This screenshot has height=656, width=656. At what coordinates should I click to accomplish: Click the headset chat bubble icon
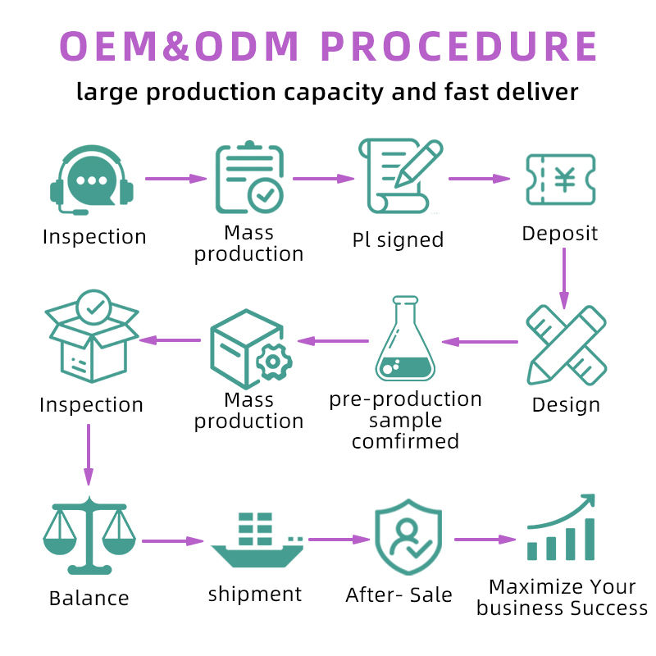coord(92,180)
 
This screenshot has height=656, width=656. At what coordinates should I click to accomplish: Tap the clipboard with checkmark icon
coord(250,177)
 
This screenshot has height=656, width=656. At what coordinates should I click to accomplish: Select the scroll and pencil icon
coord(400,176)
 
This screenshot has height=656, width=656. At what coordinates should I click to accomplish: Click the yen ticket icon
coord(561,180)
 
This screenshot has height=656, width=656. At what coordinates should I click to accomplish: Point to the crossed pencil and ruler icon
coord(566,345)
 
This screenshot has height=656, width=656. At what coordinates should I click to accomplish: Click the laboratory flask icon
coord(405,339)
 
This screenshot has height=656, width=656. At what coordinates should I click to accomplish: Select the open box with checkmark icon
coord(92,336)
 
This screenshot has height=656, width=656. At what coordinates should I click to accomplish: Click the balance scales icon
coord(89,535)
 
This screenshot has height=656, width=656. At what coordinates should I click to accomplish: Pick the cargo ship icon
coord(257,540)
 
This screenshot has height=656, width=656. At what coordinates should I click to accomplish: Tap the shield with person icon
coord(408,537)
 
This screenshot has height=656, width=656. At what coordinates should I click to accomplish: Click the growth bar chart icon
coord(561,527)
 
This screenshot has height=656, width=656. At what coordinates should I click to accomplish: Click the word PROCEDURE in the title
coord(459,47)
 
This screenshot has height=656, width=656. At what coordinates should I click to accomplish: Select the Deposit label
coord(560,234)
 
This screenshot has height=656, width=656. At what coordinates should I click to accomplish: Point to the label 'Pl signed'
coord(398,240)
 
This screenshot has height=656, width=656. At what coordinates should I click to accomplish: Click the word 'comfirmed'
coord(405,441)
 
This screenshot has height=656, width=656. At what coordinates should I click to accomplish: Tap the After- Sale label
coord(399,594)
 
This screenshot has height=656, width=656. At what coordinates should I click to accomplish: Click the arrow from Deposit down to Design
coord(564,278)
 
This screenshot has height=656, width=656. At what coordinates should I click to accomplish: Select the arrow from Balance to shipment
coord(173,541)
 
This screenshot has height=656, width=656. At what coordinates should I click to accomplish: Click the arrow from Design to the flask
coord(480,342)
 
